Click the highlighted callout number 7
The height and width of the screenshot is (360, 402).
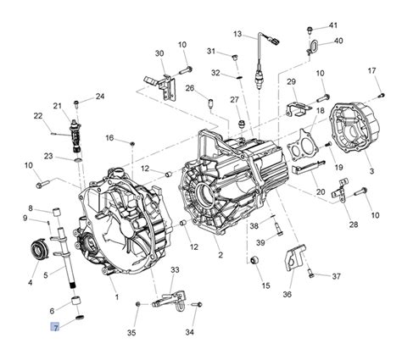[x=55, y=326]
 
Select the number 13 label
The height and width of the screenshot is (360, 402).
[x=238, y=34]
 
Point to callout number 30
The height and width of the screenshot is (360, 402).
[x=159, y=53]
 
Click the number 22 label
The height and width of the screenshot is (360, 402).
[x=38, y=116]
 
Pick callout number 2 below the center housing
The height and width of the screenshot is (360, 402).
[x=220, y=255]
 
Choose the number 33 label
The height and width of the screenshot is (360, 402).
[x=175, y=269]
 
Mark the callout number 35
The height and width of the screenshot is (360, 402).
[x=131, y=333]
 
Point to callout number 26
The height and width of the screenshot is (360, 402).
[x=191, y=89]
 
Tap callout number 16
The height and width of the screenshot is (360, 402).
[x=109, y=138]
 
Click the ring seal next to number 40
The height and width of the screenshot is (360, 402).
[x=310, y=45]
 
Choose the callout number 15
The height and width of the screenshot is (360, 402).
[x=265, y=285]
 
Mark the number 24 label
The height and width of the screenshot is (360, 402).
[x=100, y=97]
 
